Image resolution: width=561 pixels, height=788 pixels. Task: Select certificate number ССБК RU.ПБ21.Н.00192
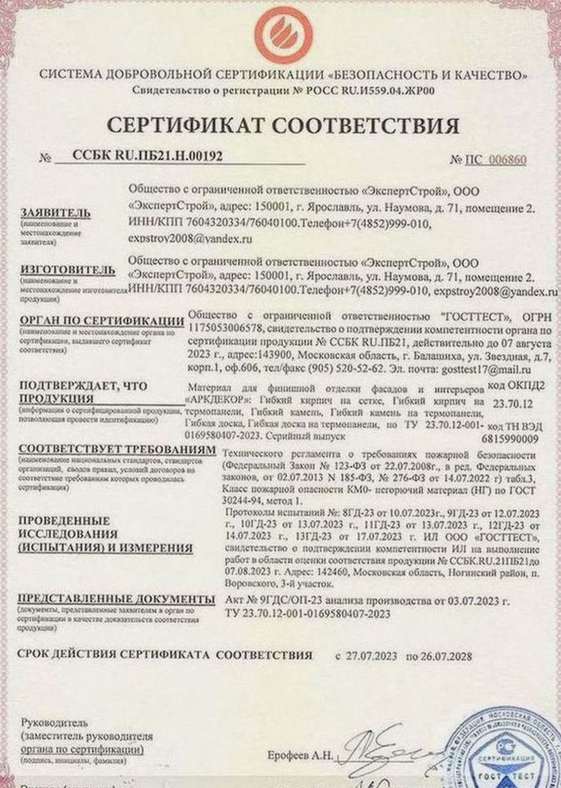tap(147, 156)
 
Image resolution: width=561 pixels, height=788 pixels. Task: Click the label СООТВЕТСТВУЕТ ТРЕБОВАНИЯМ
tap(117, 449)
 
